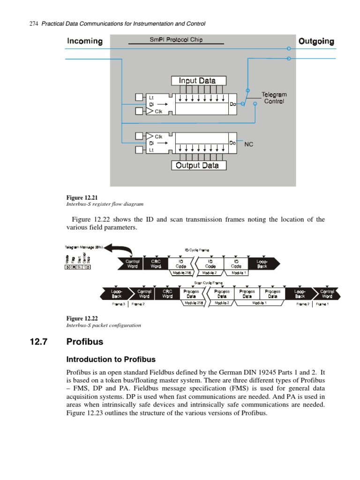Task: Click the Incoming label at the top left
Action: [x=84, y=41]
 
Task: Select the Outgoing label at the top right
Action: [x=316, y=41]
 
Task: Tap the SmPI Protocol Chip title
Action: [x=176, y=40]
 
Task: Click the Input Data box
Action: [x=199, y=81]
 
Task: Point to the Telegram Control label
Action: [x=274, y=98]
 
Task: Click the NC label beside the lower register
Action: [x=249, y=144]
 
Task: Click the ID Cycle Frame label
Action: [x=197, y=250]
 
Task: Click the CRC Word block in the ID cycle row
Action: [x=156, y=263]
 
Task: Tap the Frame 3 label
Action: [x=119, y=304]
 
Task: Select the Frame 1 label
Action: [x=322, y=304]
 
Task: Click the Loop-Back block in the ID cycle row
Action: [x=262, y=263]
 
